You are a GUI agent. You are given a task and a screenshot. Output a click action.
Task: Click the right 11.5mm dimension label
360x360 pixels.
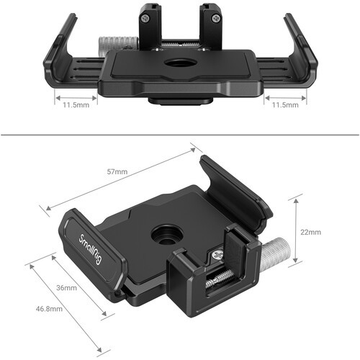[284, 105]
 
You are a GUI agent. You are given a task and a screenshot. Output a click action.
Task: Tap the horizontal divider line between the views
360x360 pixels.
[180, 133]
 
